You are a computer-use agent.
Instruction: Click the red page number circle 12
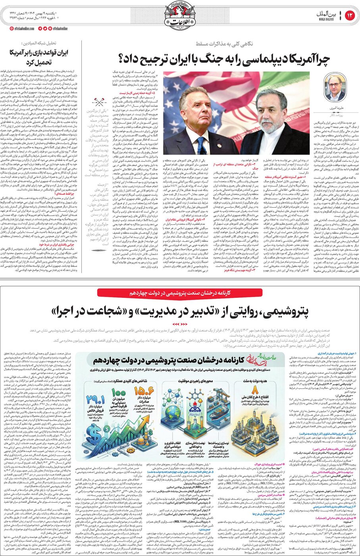[x=350, y=15]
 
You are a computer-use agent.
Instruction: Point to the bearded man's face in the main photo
[x=272, y=113]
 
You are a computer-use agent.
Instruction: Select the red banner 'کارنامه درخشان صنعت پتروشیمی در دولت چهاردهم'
[x=180, y=293]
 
